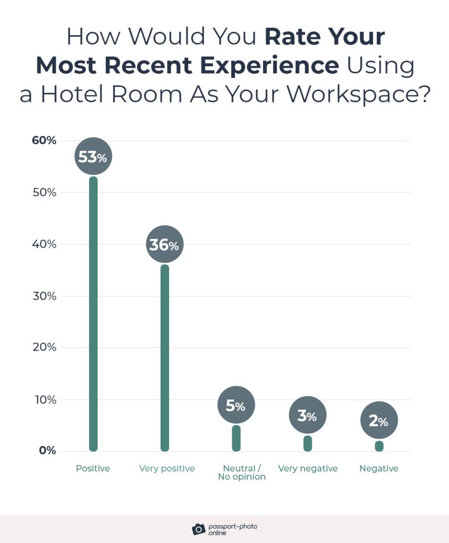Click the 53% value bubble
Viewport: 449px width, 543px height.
[x=93, y=157]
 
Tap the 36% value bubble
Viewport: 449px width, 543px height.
[x=164, y=245]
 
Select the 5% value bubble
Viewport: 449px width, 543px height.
[x=236, y=406]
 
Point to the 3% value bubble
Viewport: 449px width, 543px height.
[x=307, y=416]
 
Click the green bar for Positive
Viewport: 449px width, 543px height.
[x=93, y=318]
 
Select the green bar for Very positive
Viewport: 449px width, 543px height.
[x=164, y=361]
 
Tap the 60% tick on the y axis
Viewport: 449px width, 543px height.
[x=44, y=141]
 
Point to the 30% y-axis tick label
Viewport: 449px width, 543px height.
[x=44, y=296]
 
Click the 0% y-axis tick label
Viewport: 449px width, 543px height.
[x=47, y=451]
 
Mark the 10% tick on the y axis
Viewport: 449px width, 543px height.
[x=45, y=399]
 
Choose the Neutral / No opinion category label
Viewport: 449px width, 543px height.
[x=242, y=472]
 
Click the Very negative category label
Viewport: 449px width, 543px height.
[x=308, y=469]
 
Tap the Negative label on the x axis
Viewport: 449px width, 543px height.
[x=378, y=469]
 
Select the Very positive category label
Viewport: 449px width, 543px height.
[x=167, y=469]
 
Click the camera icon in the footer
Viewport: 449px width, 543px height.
[x=199, y=529]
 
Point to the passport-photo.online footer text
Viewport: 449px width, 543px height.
[x=233, y=529]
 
